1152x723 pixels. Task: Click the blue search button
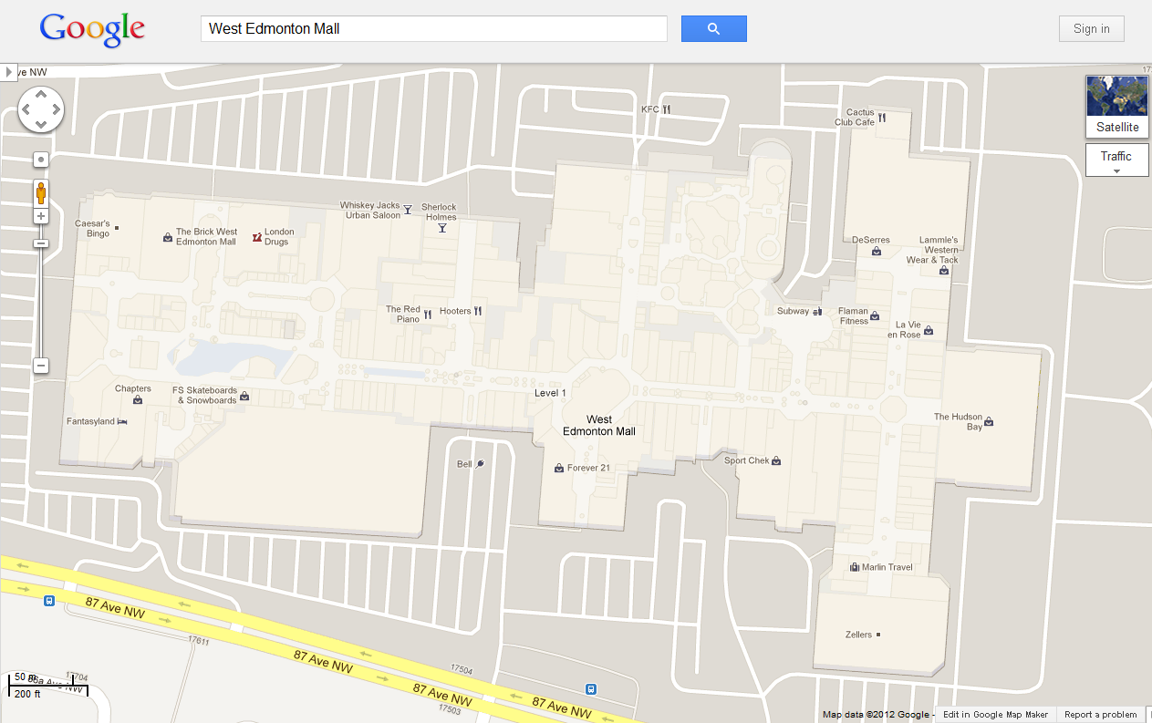(x=713, y=29)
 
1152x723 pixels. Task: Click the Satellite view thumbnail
(x=1116, y=107)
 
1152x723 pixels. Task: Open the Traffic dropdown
(x=1116, y=160)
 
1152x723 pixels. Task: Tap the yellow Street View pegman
(x=41, y=192)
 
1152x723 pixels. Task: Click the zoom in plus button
(x=41, y=216)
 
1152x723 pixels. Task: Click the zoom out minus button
(x=41, y=366)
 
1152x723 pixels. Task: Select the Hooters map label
(x=456, y=311)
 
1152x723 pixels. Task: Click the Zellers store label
(x=859, y=635)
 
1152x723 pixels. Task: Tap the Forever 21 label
(x=587, y=468)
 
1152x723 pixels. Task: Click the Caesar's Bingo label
(x=92, y=229)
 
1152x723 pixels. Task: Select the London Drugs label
(x=278, y=237)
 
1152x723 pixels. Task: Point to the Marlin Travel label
(x=887, y=567)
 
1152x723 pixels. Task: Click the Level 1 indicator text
(x=550, y=393)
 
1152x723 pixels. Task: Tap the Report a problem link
(x=1100, y=715)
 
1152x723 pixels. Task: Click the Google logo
(x=92, y=29)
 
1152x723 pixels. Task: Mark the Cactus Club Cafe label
(x=855, y=118)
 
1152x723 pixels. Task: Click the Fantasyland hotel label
(x=91, y=421)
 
